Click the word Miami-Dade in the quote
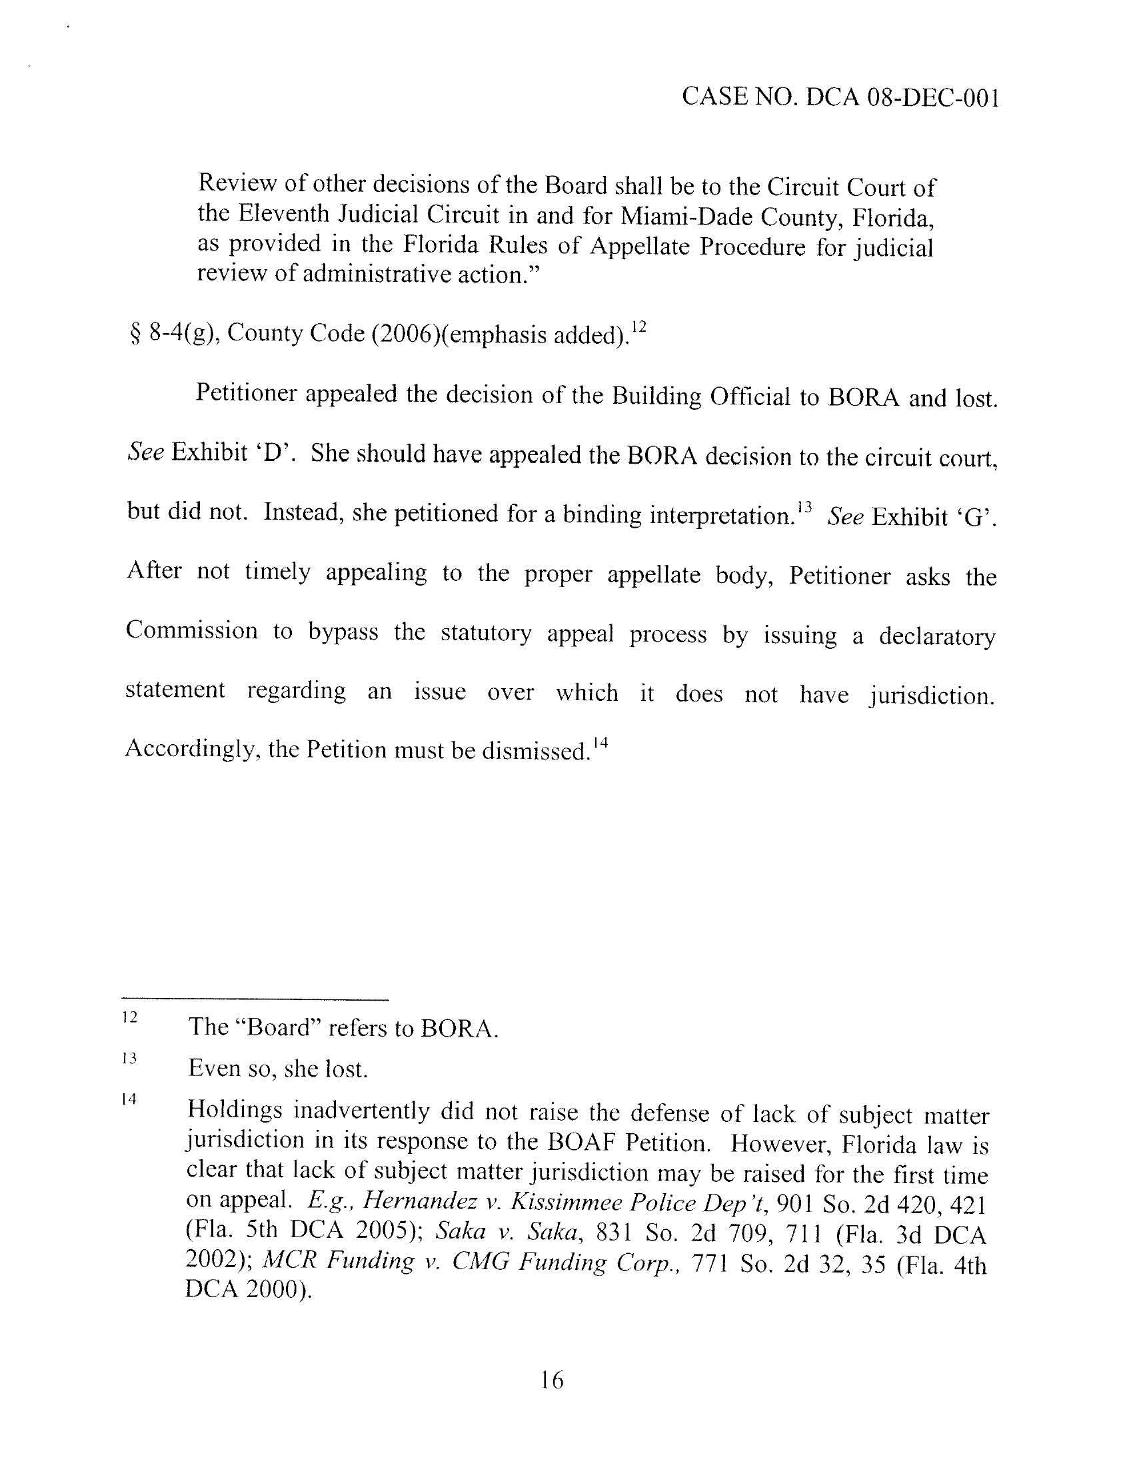pyautogui.click(x=676, y=216)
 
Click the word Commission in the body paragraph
pyautogui.click(x=192, y=630)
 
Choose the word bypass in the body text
pyautogui.click(x=344, y=632)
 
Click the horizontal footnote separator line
pyautogui.click(x=256, y=1000)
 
